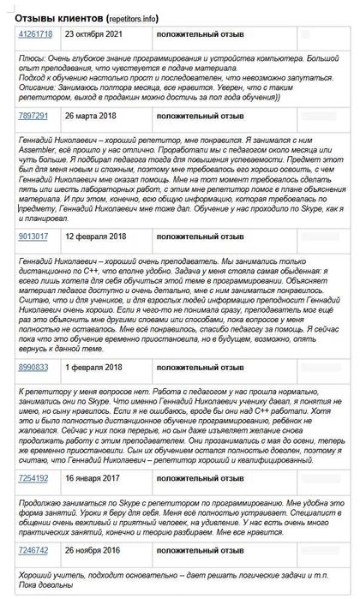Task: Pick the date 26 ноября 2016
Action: pyautogui.click(x=98, y=550)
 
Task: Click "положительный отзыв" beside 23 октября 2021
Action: pyautogui.click(x=201, y=34)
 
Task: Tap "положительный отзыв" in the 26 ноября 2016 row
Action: pyautogui.click(x=201, y=550)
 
